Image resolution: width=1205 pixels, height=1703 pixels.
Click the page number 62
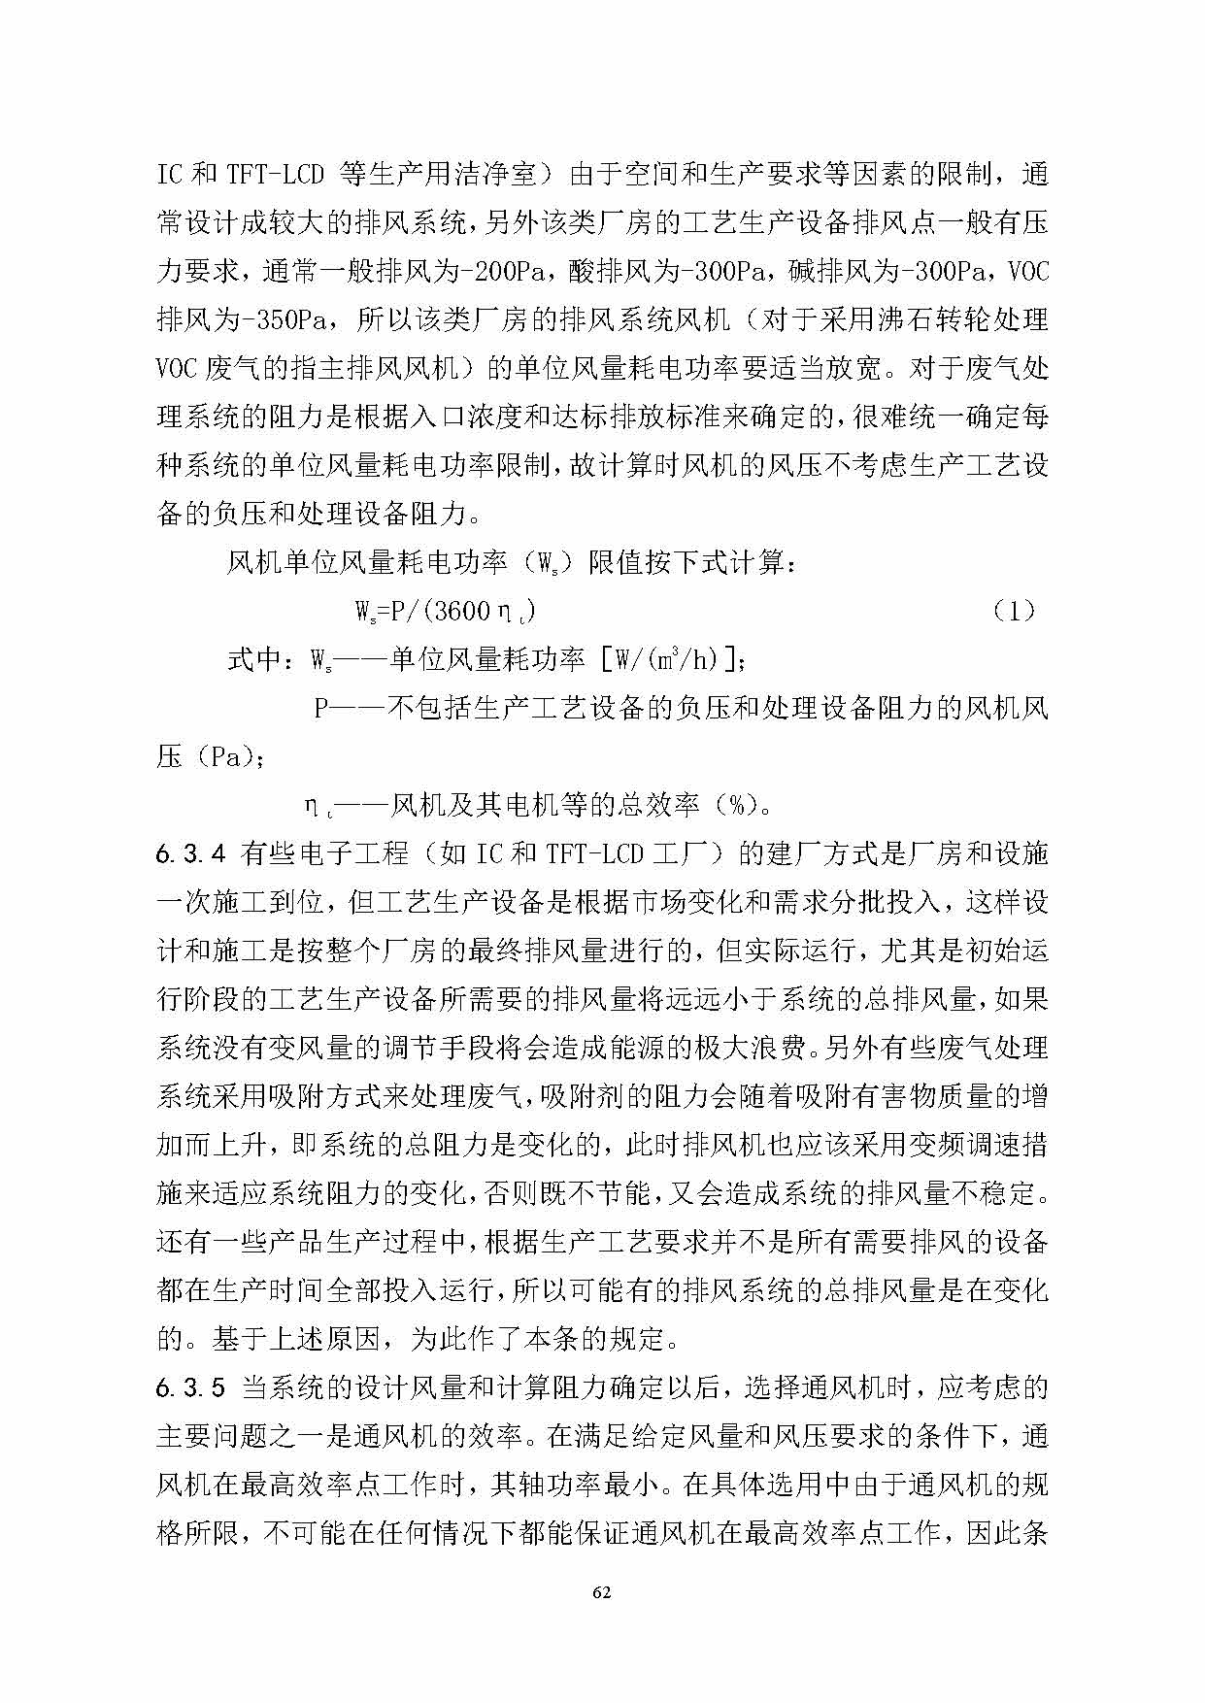pyautogui.click(x=602, y=1592)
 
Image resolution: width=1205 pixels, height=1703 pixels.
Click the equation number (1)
pyautogui.click(x=1015, y=611)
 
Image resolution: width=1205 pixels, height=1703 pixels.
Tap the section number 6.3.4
pyautogui.click(x=191, y=854)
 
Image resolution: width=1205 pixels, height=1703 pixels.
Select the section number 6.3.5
pyautogui.click(x=191, y=1388)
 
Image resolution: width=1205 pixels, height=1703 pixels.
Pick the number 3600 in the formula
pyautogui.click(x=462, y=611)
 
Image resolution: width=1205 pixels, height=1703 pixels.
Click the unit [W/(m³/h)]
pyautogui.click(x=672, y=660)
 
